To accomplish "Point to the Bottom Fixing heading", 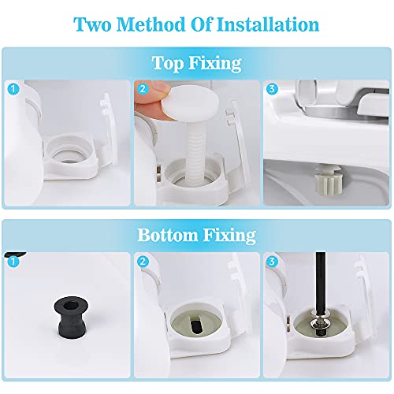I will [197, 234].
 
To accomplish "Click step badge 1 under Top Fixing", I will [11, 90].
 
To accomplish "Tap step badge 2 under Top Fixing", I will [143, 90].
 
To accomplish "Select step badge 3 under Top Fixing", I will [273, 90].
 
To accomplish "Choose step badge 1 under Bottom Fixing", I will [11, 261].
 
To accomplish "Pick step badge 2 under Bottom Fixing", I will [143, 261].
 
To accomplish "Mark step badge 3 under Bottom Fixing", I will [273, 261].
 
